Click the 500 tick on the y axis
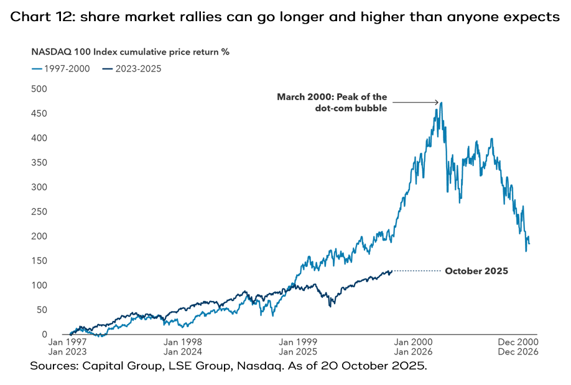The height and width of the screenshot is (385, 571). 39,89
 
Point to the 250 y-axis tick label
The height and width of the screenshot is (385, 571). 39,211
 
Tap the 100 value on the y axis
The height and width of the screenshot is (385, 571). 39,285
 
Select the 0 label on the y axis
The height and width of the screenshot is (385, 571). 44,335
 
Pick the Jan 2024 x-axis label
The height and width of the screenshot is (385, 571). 182,351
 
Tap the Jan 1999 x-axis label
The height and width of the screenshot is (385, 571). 297,342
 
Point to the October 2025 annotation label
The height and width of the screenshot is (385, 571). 476,271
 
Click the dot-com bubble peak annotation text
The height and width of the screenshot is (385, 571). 333,103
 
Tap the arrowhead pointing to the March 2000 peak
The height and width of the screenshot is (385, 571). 437,103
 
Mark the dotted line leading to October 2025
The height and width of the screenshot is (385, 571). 417,271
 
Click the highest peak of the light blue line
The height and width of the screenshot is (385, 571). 442,103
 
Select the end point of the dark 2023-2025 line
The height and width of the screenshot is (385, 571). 391,271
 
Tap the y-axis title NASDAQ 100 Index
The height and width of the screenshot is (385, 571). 94,52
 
